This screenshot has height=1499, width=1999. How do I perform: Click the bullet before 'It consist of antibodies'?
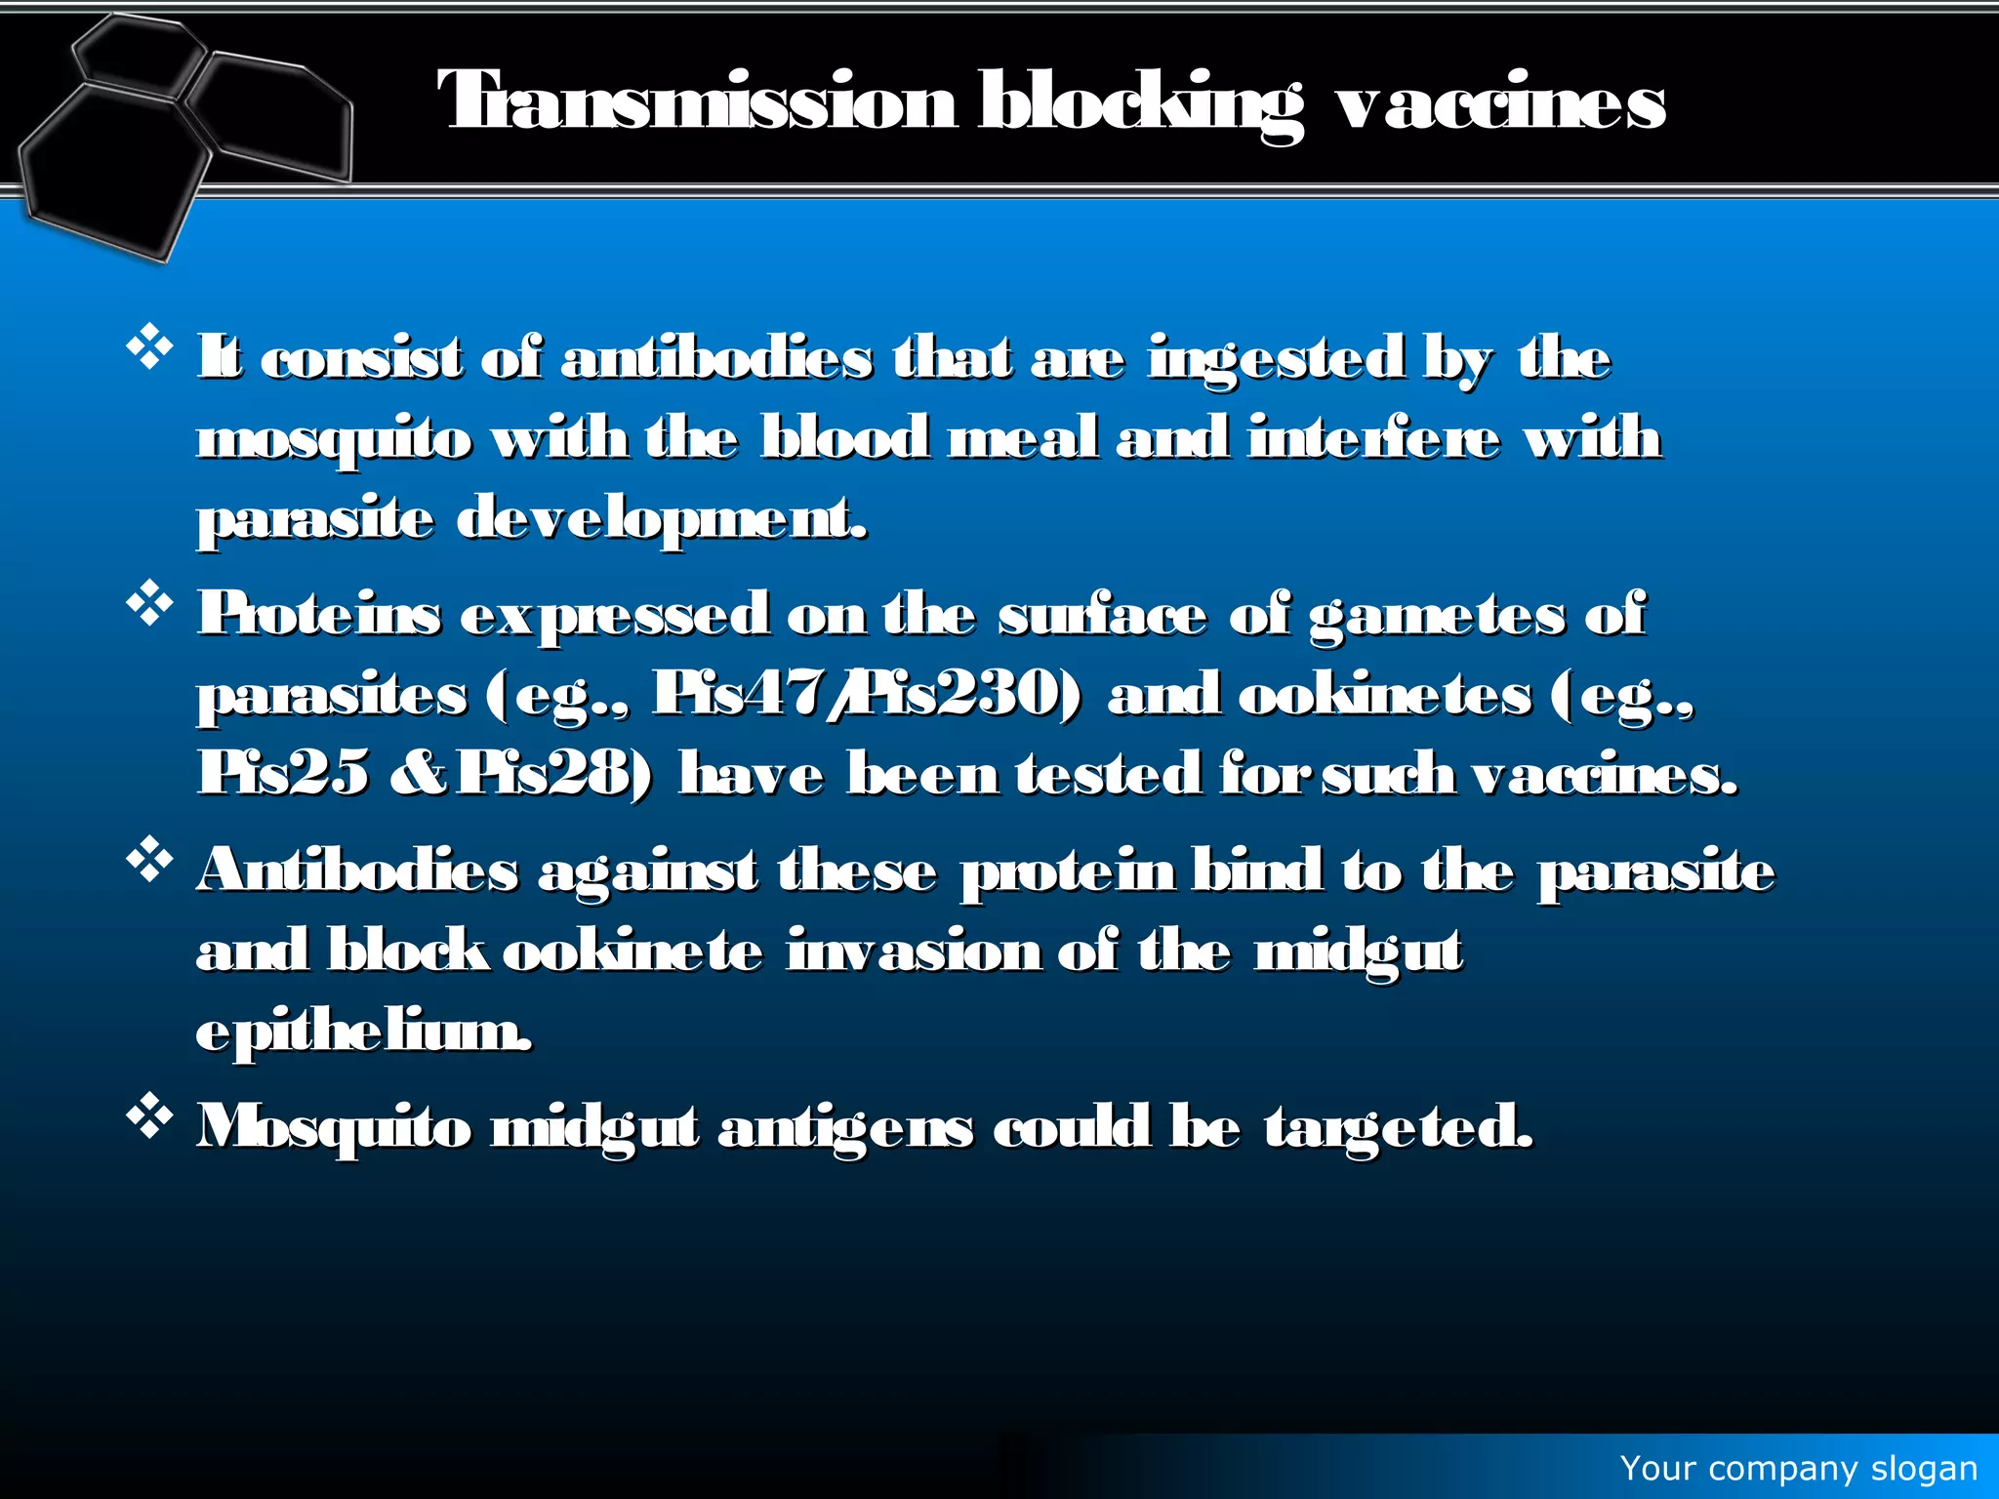pos(149,348)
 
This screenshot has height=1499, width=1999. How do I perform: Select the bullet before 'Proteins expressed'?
pos(149,604)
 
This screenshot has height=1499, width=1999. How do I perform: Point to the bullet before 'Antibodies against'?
pos(149,861)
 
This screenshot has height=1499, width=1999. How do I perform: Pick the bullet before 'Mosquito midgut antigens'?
pos(149,1116)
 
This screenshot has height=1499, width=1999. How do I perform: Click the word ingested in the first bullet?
pos(1277,359)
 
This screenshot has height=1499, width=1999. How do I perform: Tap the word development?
pos(661,519)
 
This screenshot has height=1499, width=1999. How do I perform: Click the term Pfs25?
pos(283,774)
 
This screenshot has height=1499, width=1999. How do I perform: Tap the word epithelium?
pos(364,1033)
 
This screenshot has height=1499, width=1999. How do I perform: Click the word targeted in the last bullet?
pos(1398,1128)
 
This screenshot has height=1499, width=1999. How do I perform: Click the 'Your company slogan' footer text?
pos(1798,1469)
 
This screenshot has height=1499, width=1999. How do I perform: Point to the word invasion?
pos(914,952)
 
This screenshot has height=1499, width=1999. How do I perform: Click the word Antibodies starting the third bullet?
pos(357,871)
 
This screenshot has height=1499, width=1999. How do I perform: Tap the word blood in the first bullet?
pos(845,438)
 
